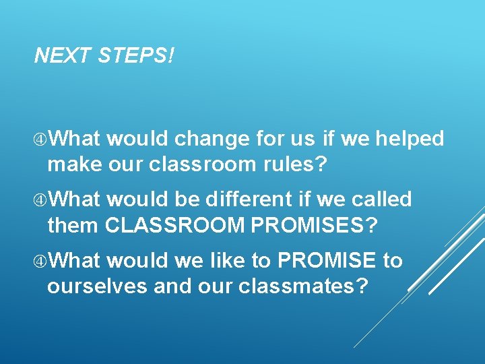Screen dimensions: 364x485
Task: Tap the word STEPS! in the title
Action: coord(135,56)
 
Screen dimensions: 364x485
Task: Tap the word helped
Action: coord(410,139)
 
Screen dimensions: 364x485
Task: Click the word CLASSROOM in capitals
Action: coord(174,225)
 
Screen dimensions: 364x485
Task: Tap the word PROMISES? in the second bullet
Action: coord(315,225)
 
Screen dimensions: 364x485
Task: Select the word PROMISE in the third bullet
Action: coord(327,260)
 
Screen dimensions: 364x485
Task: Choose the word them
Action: coord(73,225)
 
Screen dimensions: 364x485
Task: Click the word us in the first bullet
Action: coord(303,140)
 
